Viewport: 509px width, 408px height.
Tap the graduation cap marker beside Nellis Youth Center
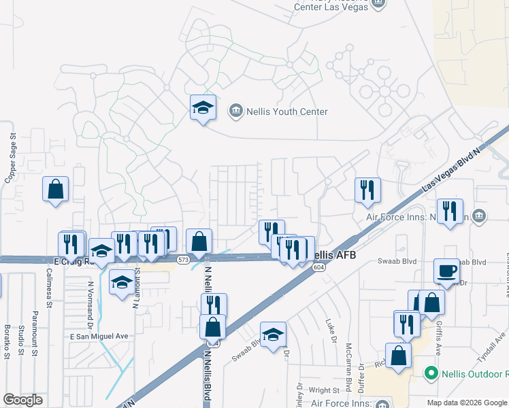[x=203, y=107]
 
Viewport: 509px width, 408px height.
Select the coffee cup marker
[x=446, y=271]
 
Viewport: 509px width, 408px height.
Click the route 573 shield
[x=182, y=260]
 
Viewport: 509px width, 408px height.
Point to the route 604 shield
[x=318, y=267]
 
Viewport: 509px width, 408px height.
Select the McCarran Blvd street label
[x=349, y=371]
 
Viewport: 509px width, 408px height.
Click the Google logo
[x=22, y=400]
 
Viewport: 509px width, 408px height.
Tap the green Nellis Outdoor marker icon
[x=430, y=373]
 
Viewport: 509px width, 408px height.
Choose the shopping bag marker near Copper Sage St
[x=55, y=190]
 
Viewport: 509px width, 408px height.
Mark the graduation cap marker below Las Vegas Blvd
[x=273, y=335]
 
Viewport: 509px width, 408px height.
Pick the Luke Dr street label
[x=331, y=330]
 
